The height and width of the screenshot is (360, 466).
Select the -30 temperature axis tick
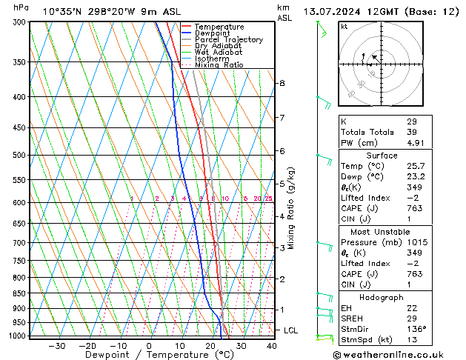56,345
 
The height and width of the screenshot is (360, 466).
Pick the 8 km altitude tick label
282,83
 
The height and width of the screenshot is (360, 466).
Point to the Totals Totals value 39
411,132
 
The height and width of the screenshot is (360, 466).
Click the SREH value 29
411,318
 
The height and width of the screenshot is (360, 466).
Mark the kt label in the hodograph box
344,26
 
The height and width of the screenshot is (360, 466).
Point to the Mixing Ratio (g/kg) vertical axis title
291,208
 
